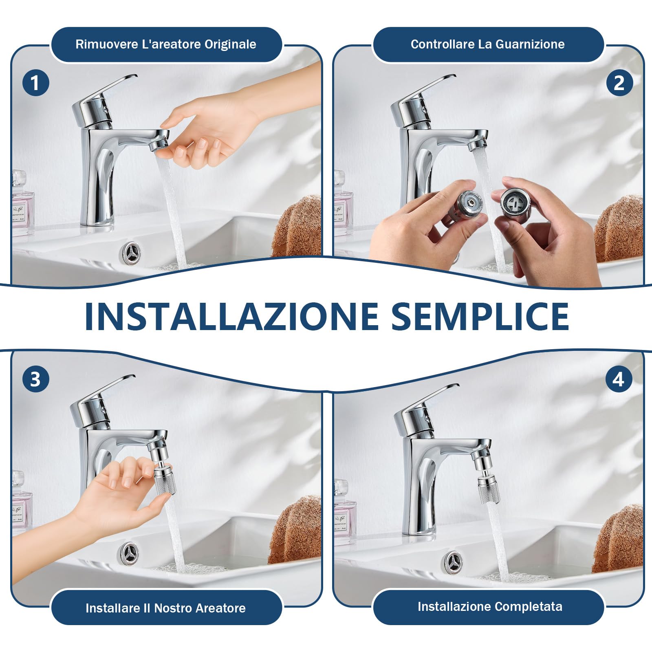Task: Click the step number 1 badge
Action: [x=35, y=83]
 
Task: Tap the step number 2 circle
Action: [x=619, y=83]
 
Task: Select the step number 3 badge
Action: [x=35, y=379]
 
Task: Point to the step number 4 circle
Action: [x=619, y=379]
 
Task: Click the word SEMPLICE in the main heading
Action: [x=480, y=316]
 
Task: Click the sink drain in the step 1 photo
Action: [x=132, y=251]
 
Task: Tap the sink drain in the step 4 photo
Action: [x=454, y=562]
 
